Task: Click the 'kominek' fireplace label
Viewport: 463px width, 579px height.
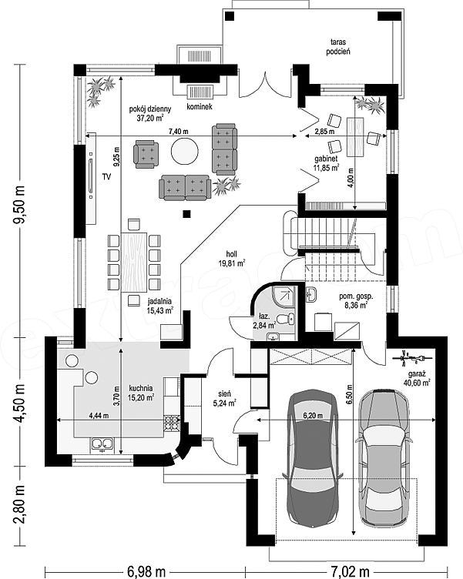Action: pos(200,107)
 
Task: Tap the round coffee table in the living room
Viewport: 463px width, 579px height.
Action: pos(184,151)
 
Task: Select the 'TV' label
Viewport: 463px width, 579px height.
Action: pos(107,177)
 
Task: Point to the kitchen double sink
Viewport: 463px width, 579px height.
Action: pos(102,443)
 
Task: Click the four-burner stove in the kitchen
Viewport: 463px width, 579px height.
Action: pos(172,423)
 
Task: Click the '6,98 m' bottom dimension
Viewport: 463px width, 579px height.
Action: pos(146,571)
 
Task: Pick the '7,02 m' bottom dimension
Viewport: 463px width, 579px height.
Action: pos(348,571)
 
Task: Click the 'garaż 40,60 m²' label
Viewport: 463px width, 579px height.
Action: pos(417,378)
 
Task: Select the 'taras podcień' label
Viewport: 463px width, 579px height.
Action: pos(338,47)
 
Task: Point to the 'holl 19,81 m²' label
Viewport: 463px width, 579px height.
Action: pos(231,259)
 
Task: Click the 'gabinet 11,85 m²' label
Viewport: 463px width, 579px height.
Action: pos(327,163)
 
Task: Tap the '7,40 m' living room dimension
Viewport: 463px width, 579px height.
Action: pos(178,131)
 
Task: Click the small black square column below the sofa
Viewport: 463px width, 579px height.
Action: pos(187,213)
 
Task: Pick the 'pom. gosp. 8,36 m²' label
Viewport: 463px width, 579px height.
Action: pos(354,300)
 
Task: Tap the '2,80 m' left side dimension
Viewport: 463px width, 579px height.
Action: pos(20,505)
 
